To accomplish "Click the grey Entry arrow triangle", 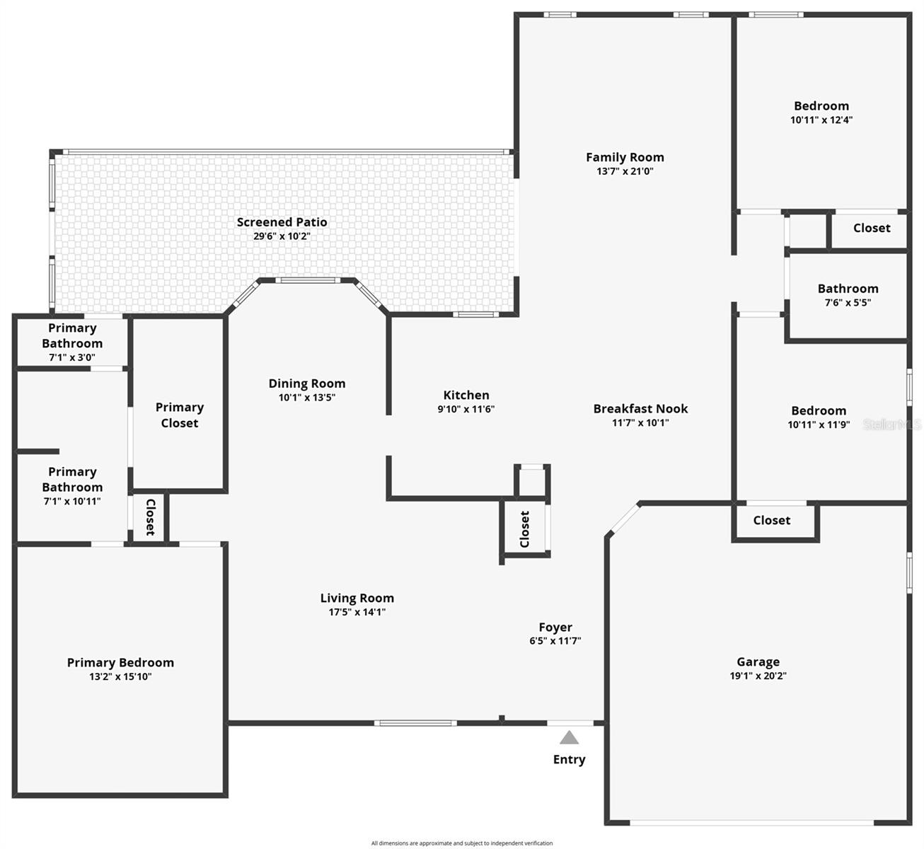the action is [x=569, y=737].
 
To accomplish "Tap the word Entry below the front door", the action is [x=569, y=760].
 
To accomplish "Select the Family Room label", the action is [x=625, y=157].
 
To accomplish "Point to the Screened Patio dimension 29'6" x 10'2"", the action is [x=282, y=236].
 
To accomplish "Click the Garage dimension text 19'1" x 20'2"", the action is [x=758, y=676].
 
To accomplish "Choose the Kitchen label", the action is [x=466, y=395].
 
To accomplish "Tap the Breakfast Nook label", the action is [x=640, y=409].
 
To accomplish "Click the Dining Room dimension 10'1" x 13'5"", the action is [x=307, y=397].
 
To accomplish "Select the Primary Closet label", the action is [x=180, y=415].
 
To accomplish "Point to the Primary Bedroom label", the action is [x=121, y=662].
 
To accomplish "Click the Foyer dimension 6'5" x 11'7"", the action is [x=555, y=640].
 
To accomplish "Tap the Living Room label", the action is [x=357, y=598].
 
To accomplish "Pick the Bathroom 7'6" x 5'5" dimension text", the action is [x=848, y=302].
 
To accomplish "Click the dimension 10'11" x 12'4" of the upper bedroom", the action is [x=821, y=120].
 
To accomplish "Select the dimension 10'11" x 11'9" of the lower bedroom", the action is [x=819, y=424].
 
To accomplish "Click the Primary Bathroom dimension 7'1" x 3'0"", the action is [x=72, y=357].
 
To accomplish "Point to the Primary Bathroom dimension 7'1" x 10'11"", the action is [x=72, y=501].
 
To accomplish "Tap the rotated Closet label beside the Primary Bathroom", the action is [x=150, y=517].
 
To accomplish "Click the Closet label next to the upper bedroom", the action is [x=872, y=228].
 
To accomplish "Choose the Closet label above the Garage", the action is [x=772, y=521].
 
